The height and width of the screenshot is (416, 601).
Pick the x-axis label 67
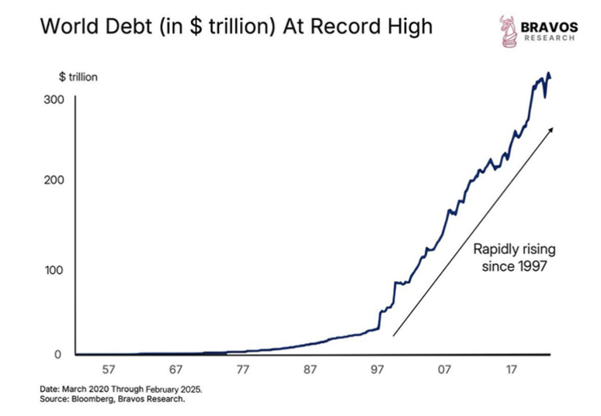click(x=176, y=369)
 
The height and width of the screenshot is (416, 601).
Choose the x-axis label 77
click(x=244, y=369)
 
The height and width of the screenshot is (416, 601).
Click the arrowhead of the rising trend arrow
click(x=551, y=130)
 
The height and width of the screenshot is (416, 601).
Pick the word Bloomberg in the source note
click(x=96, y=400)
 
